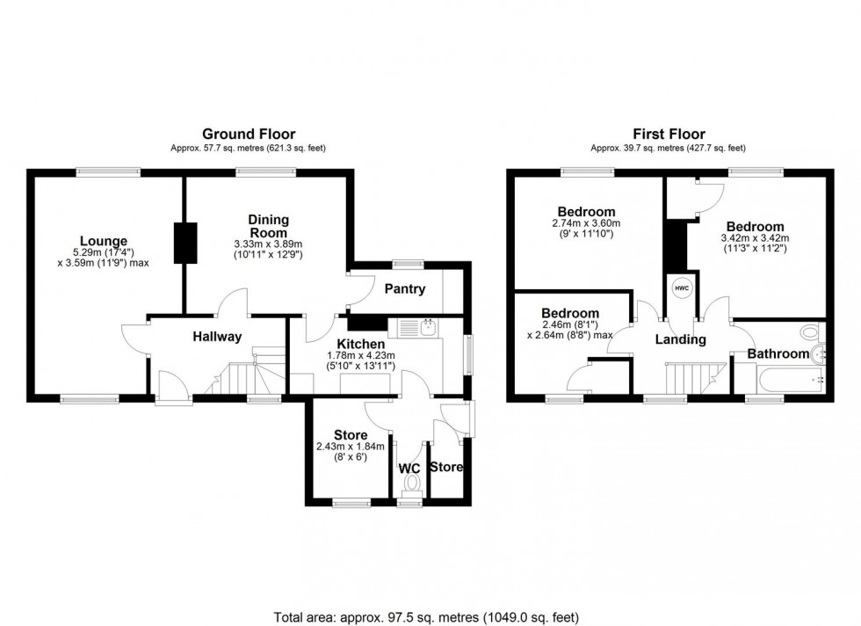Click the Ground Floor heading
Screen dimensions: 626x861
coord(249,134)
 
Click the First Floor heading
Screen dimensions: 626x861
coord(669,134)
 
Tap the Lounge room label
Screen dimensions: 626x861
coord(104,241)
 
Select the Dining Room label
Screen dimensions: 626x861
coord(268,226)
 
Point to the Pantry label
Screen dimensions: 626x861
coord(405,289)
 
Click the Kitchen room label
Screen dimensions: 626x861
coord(360,344)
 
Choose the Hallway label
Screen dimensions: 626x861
coord(217,336)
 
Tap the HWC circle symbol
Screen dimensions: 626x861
coord(683,288)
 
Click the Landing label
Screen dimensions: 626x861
coord(681,339)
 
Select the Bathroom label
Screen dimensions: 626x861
coord(778,353)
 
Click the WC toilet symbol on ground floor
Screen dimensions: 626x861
coord(409,484)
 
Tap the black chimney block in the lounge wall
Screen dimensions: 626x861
coord(185,244)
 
